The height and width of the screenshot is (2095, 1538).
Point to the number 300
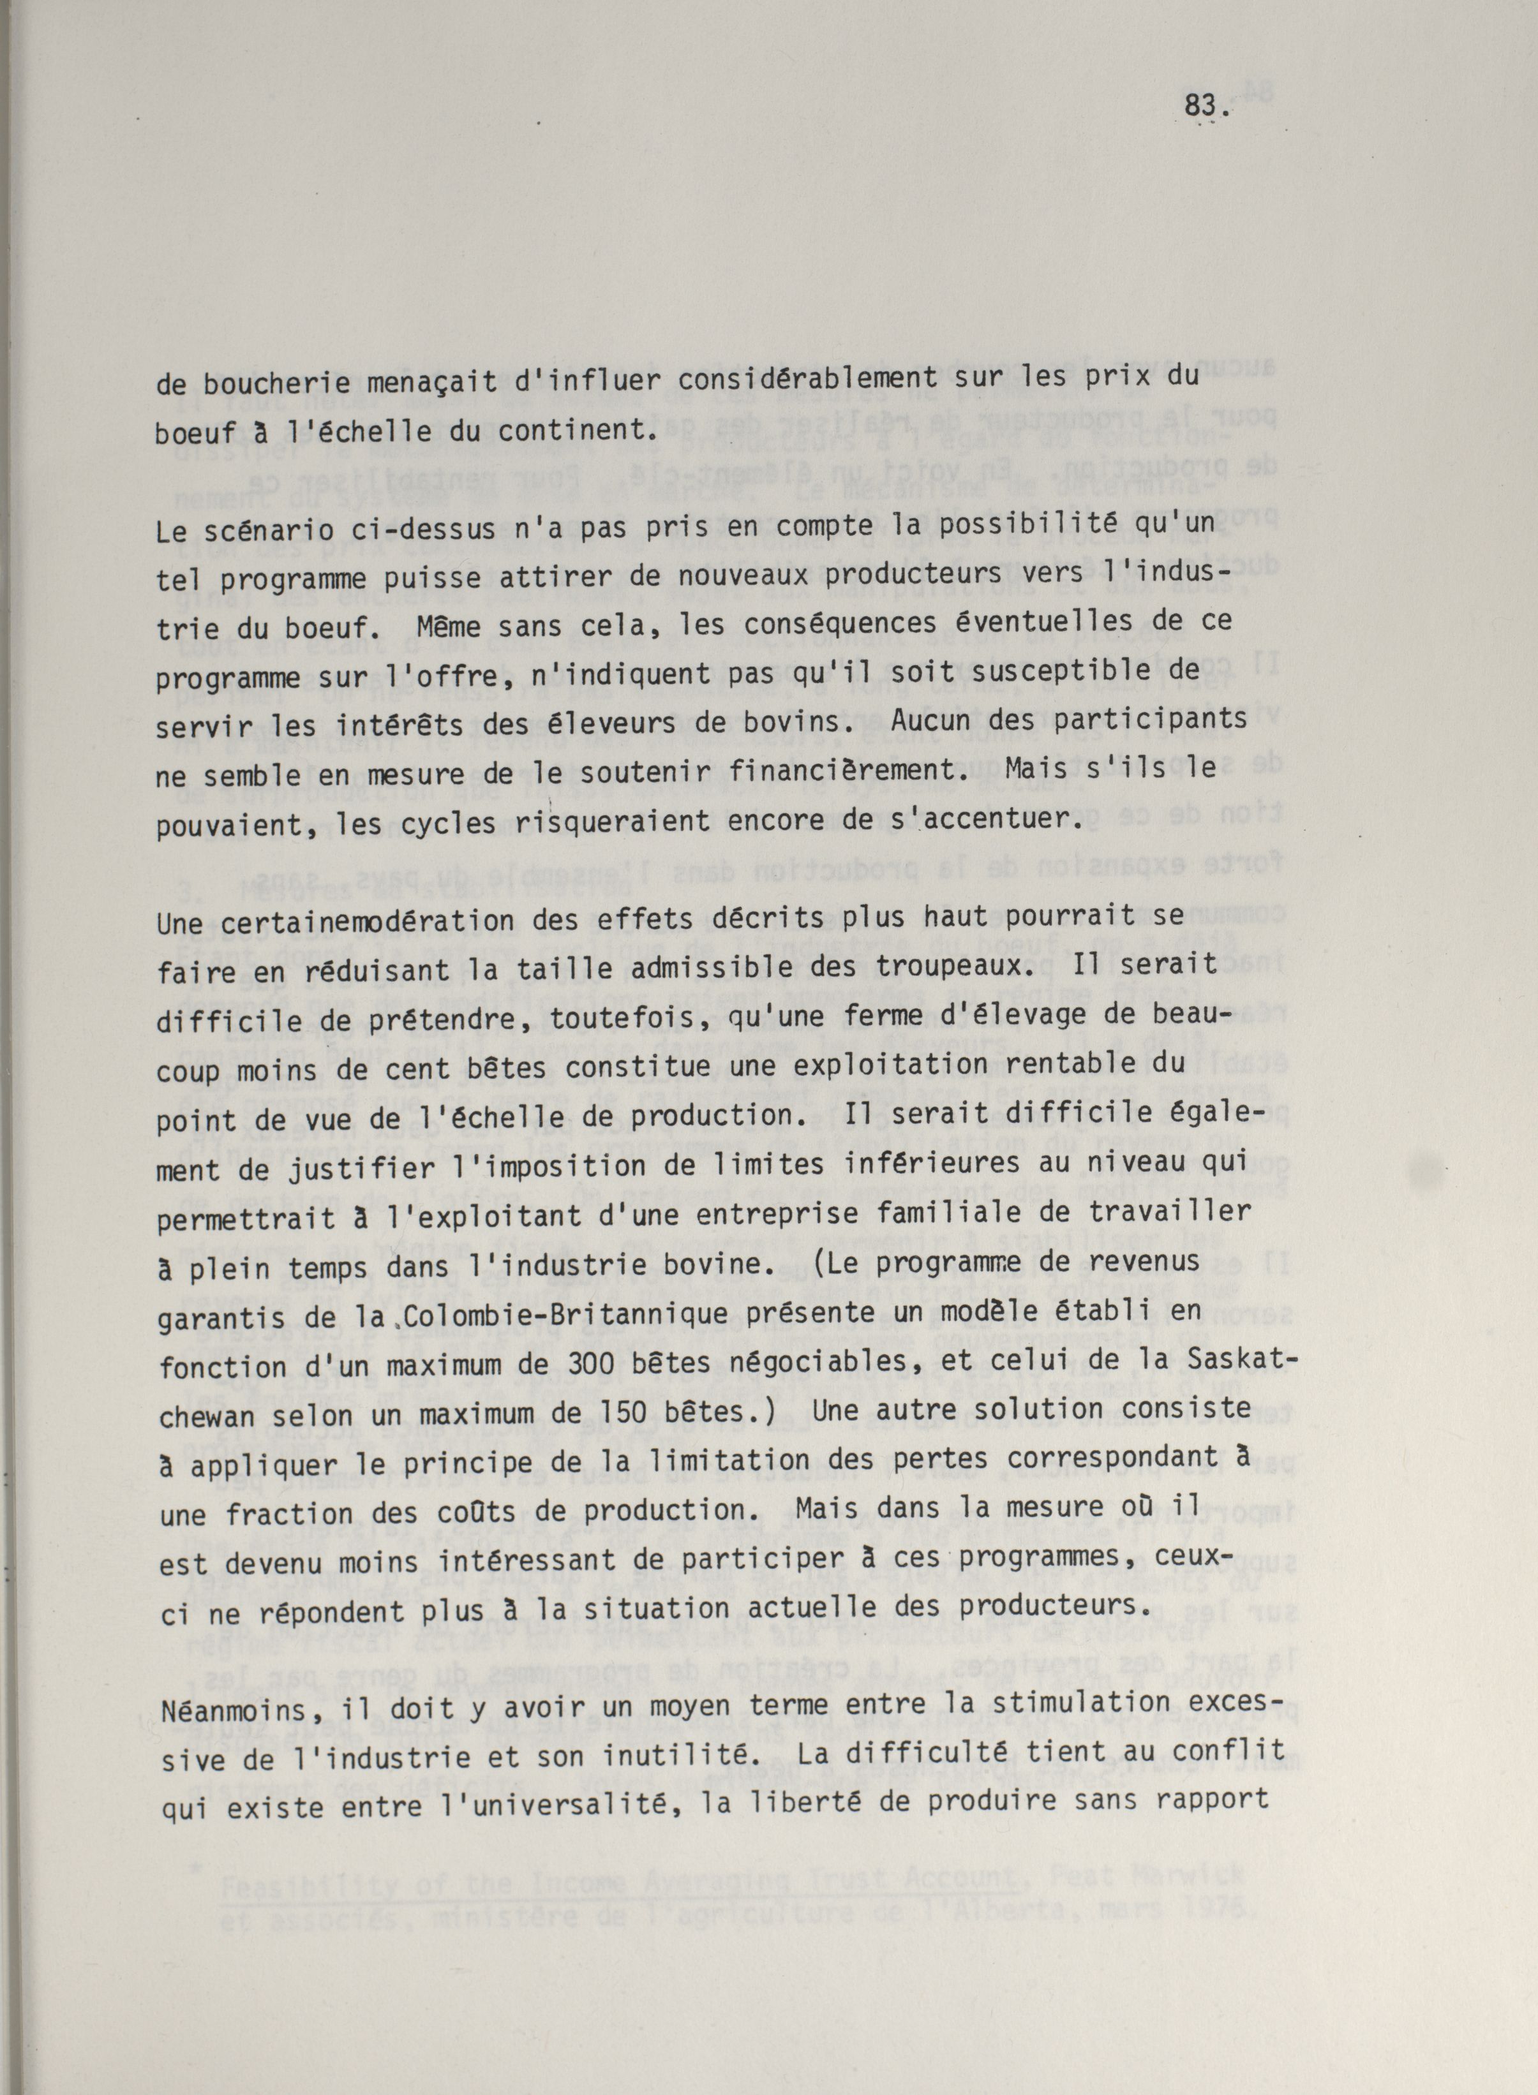[510, 1365]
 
